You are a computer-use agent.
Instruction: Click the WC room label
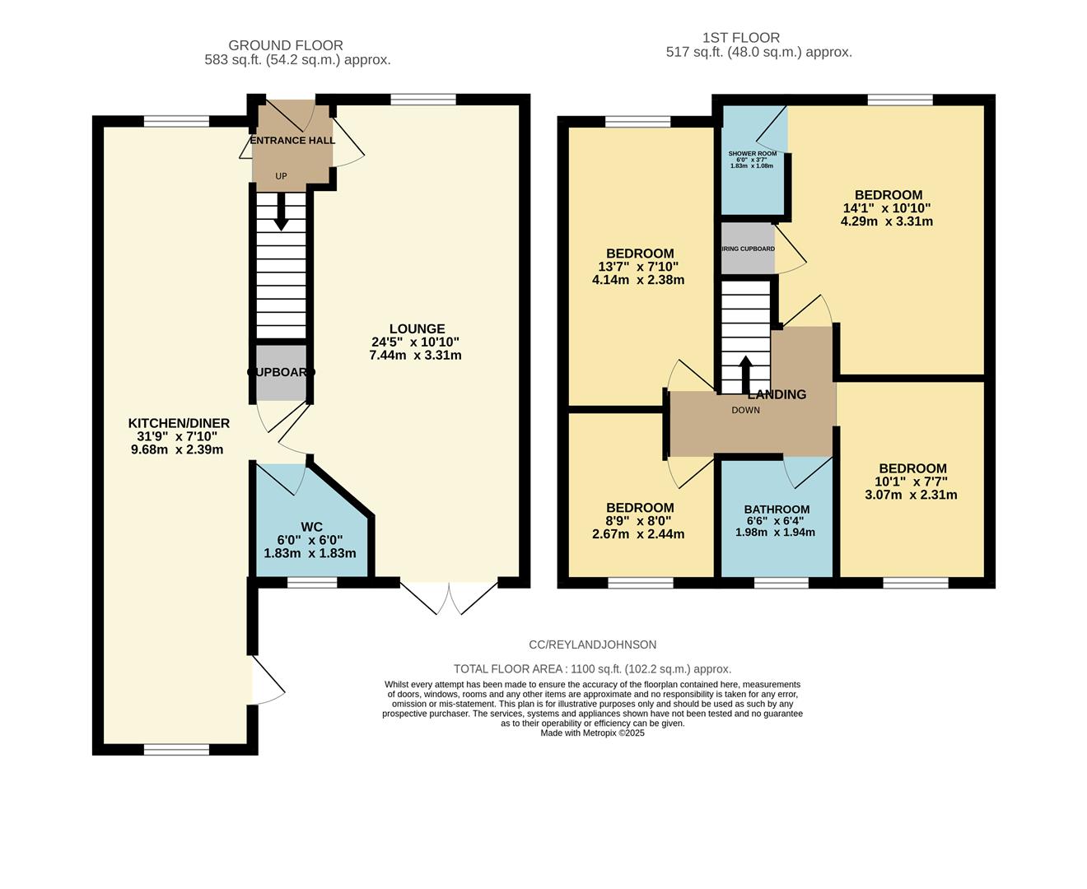(x=311, y=527)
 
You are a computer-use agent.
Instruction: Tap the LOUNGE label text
(x=417, y=328)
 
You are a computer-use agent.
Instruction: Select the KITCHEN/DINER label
(x=179, y=423)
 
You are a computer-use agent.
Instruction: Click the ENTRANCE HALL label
(x=292, y=140)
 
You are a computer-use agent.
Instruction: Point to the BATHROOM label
(x=776, y=509)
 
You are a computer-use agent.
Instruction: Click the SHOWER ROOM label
(x=752, y=154)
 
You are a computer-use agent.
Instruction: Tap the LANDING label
(x=777, y=394)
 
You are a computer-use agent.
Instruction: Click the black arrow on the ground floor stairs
(x=281, y=212)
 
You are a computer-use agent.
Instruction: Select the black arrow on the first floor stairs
(x=745, y=375)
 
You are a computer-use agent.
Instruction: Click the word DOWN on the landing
(x=745, y=410)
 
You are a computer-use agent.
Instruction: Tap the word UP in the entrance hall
(x=281, y=176)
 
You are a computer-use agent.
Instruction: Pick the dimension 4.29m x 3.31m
(x=886, y=221)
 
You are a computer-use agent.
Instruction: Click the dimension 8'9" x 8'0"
(x=639, y=521)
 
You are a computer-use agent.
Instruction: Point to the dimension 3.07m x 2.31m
(x=911, y=495)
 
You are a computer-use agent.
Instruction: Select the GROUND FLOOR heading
(x=285, y=45)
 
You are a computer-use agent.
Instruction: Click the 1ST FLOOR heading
(x=740, y=37)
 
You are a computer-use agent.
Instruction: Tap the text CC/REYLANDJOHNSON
(x=592, y=645)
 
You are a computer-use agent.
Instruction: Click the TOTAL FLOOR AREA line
(x=592, y=669)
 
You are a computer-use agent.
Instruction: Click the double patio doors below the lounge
(x=450, y=597)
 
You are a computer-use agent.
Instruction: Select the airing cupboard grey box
(x=748, y=249)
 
